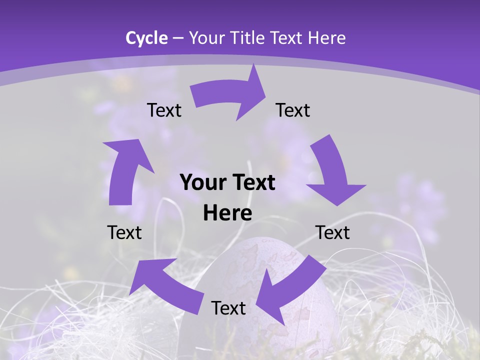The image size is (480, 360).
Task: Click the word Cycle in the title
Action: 146,38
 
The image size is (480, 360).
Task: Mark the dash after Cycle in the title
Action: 178,38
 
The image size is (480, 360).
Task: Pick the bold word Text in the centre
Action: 252,183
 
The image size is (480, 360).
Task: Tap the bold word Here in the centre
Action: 227,213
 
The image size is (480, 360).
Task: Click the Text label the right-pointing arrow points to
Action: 293,110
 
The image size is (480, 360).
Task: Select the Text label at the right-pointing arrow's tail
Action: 164,110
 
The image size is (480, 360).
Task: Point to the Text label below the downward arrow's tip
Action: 332,232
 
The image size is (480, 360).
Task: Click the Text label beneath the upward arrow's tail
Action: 124,232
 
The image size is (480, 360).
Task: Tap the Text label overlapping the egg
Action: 228,308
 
